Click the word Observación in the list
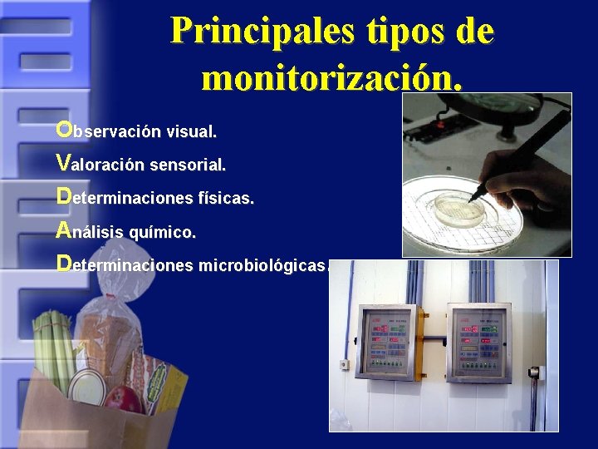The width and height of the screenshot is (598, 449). (136, 131)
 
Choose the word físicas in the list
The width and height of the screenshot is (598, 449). (226, 199)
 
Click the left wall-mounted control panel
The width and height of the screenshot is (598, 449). (385, 343)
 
